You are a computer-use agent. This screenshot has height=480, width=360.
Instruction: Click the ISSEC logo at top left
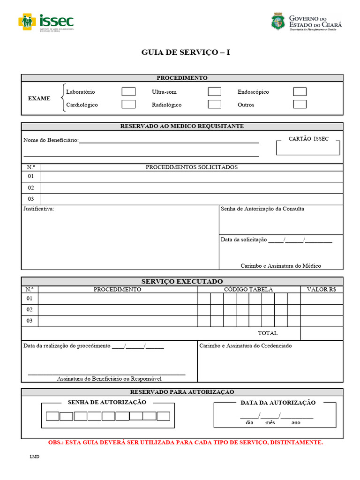(46, 22)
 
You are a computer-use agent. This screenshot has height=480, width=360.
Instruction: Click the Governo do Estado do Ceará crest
(277, 22)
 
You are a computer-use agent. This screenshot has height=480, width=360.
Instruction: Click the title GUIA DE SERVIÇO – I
(186, 52)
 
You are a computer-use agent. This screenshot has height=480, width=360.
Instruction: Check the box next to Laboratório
(128, 92)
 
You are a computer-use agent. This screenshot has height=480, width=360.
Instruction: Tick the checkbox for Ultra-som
(214, 92)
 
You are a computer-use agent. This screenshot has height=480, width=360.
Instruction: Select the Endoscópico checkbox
(300, 92)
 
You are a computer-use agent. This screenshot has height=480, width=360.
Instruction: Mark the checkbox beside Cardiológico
(128, 105)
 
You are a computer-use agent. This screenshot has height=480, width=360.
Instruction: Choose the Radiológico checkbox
(214, 105)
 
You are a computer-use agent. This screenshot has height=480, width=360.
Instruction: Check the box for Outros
(300, 105)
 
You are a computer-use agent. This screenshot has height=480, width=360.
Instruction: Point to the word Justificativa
(39, 209)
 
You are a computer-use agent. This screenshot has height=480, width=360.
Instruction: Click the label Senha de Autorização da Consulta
(262, 209)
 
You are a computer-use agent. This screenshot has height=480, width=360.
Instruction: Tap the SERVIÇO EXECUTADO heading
(182, 281)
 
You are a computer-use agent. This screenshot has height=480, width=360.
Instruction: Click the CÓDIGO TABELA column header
(248, 290)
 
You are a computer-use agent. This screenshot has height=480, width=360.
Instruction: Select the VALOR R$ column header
(322, 290)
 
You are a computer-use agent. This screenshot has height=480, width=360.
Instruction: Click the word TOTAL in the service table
(268, 333)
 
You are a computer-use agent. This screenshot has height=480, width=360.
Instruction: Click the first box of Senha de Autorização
(52, 416)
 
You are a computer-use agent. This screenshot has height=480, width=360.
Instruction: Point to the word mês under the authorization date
(270, 422)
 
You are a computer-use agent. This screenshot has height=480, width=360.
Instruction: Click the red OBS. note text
(186, 442)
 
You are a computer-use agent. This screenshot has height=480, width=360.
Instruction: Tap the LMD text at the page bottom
(35, 457)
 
